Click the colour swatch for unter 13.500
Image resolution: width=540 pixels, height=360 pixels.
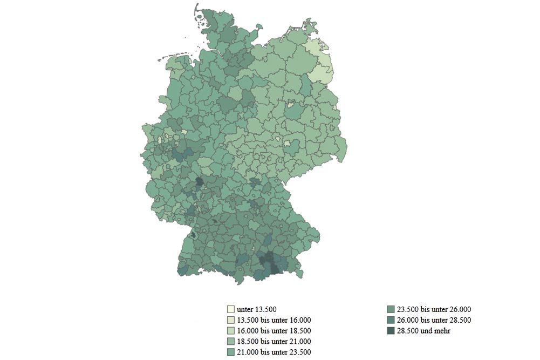(230, 309)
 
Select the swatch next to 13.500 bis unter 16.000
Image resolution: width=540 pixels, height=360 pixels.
(230, 320)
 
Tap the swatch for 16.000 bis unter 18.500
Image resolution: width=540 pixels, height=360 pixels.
(230, 330)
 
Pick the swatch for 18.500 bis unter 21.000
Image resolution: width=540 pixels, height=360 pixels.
(230, 341)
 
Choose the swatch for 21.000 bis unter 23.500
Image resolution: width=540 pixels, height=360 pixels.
(230, 352)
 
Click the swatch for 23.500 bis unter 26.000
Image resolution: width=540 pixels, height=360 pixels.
(391, 309)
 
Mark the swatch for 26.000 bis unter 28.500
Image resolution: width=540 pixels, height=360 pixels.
(391, 320)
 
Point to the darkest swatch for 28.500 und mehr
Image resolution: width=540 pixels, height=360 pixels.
(391, 330)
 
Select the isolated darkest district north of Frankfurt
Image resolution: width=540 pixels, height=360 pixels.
(199, 181)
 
